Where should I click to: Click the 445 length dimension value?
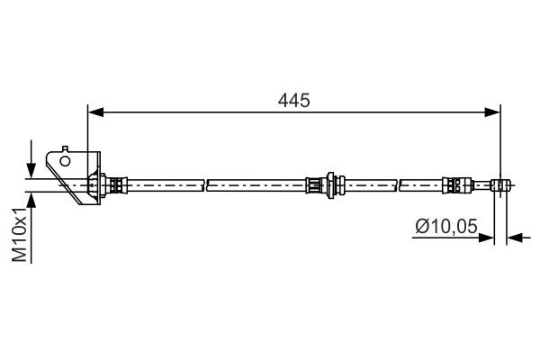coord(294,101)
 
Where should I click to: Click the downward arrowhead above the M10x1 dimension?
coord(32,172)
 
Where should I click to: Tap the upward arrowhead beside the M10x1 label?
coord(32,199)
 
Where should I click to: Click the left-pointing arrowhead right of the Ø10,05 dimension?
coord(515,238)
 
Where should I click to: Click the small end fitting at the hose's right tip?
coord(501,185)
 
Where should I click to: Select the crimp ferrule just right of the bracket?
coord(115,185)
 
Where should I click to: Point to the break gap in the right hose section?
coord(397,185)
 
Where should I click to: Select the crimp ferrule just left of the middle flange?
coord(314,185)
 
